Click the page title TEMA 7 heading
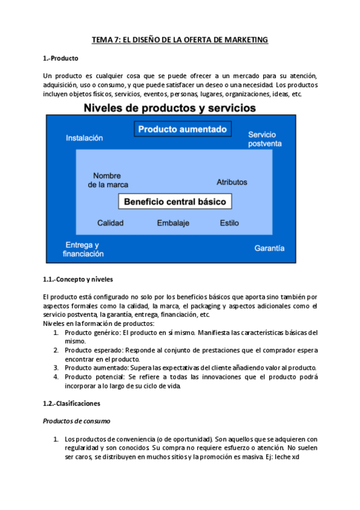[179, 40]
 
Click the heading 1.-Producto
[61, 58]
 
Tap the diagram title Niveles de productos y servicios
[169, 108]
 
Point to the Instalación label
[84, 138]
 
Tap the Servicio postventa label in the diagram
[265, 139]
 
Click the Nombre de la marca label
[108, 180]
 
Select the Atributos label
[232, 181]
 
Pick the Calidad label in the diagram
[111, 223]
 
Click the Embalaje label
[173, 223]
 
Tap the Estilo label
[229, 223]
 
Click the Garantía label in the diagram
[269, 248]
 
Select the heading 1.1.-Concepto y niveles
[78, 280]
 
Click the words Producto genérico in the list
[92, 332]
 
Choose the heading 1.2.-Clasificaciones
[72, 403]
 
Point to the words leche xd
[289, 456]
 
